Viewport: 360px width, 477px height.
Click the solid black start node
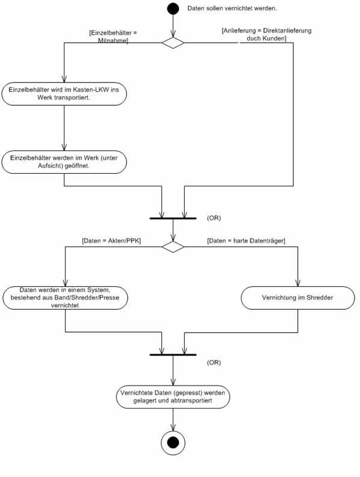click(x=173, y=8)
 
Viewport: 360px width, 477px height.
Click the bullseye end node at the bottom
click(x=173, y=443)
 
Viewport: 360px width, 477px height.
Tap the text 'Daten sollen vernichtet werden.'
click(x=232, y=8)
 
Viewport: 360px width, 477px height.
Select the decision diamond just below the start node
click(x=173, y=43)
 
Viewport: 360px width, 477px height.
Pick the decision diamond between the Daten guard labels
click(x=173, y=247)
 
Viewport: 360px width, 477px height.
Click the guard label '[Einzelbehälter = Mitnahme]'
click(x=113, y=37)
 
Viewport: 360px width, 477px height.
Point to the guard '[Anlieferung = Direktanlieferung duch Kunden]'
click(x=267, y=34)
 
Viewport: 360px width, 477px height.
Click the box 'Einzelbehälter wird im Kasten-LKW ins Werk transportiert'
click(x=64, y=94)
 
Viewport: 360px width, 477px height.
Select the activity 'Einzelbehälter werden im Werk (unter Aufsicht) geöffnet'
click(x=64, y=162)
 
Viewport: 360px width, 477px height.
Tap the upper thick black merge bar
click(x=173, y=218)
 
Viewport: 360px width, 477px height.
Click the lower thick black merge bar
click(x=173, y=355)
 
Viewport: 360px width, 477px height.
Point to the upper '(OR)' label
click(x=214, y=218)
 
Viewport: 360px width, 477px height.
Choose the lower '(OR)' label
click(x=214, y=363)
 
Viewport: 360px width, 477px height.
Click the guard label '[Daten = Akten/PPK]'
click(x=111, y=241)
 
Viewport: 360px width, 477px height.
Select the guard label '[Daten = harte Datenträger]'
click(x=246, y=241)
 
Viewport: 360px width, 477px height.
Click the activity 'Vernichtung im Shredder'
click(x=298, y=298)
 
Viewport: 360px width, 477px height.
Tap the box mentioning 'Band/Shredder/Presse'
click(x=65, y=298)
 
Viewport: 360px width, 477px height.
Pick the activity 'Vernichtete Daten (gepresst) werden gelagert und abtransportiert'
click(x=173, y=396)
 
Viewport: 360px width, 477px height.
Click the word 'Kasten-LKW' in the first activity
click(x=91, y=90)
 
